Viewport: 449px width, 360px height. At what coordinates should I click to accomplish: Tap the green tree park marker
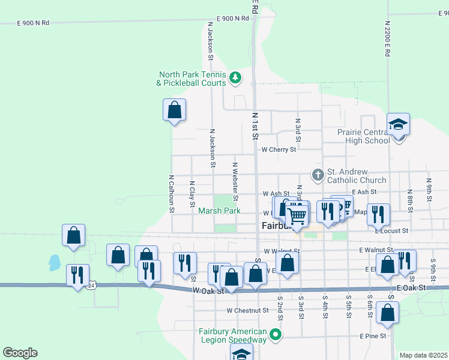pos(236,77)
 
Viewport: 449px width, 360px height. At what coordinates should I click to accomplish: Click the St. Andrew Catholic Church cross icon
pos(318,175)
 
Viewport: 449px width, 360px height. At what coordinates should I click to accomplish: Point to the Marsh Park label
pos(220,211)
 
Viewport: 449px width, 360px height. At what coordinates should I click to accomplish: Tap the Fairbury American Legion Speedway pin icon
pos(276,334)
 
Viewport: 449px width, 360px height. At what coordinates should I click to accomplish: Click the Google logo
pos(20,352)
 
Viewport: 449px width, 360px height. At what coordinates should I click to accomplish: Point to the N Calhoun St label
pos(171,194)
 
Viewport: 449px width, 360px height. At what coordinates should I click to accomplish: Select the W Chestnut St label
pos(247,311)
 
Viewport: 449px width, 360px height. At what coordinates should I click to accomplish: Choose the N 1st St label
pos(255,126)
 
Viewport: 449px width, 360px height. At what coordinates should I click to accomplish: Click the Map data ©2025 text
pos(423,355)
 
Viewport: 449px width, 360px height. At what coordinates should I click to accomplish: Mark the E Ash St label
pos(364,192)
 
